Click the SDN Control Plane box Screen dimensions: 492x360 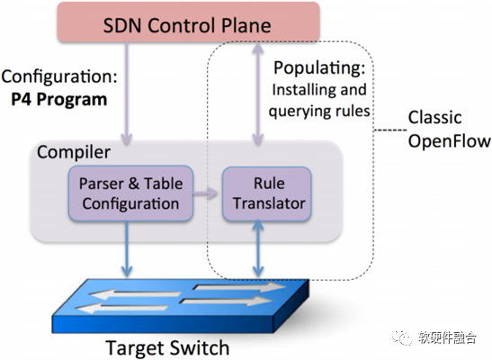click(x=188, y=22)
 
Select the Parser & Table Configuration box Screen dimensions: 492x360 click(x=130, y=193)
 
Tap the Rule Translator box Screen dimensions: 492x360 click(x=267, y=193)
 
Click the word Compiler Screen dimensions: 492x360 click(x=74, y=152)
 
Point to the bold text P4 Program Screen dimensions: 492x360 click(x=59, y=100)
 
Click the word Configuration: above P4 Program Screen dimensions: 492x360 click(x=59, y=76)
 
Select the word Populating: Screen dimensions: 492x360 click(x=319, y=68)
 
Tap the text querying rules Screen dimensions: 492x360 click(x=319, y=111)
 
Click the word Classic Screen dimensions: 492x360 click(x=434, y=118)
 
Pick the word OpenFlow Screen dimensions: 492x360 click(x=450, y=141)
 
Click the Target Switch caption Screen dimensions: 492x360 click(x=167, y=348)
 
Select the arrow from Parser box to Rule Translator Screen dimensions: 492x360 click(x=205, y=193)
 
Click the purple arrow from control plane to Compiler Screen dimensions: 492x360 click(x=127, y=94)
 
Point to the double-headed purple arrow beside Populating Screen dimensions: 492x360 click(x=258, y=94)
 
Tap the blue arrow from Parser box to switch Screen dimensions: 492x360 click(x=127, y=249)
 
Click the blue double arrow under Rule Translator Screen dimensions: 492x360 click(x=258, y=248)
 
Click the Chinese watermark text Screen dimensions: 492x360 click(x=447, y=337)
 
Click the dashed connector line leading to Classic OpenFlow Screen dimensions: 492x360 click(x=390, y=130)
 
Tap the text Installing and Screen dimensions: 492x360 click(x=319, y=90)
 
